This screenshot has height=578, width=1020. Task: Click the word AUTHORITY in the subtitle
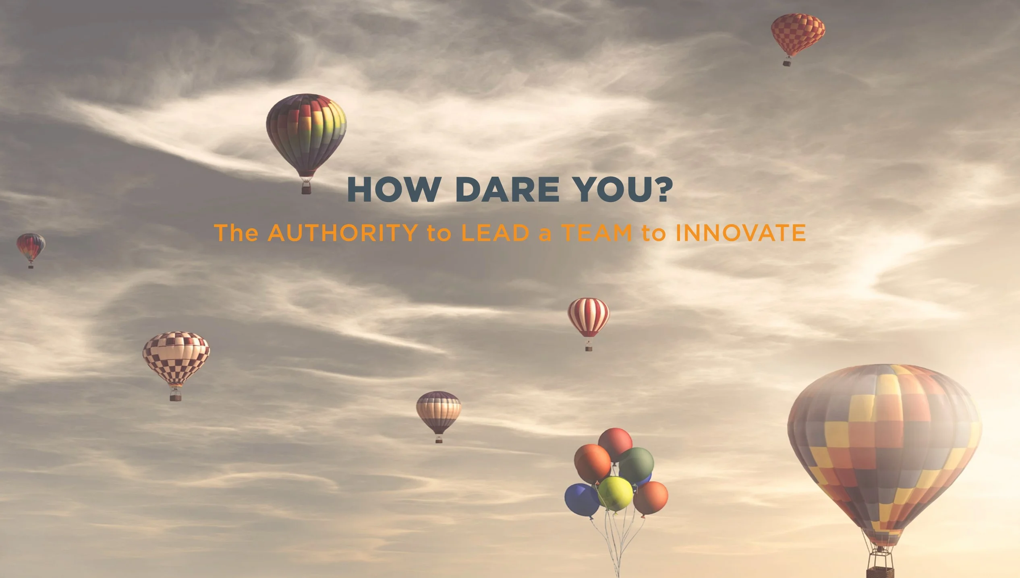[343, 233]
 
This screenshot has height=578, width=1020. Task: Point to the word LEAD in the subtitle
[495, 233]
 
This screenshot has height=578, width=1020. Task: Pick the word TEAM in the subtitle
[597, 233]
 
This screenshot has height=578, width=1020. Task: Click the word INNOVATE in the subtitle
[741, 233]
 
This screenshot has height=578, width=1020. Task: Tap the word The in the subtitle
[236, 233]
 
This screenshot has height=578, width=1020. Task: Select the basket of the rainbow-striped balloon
[307, 188]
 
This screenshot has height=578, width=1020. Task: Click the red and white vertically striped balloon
[589, 318]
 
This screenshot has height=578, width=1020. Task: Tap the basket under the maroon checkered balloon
[175, 396]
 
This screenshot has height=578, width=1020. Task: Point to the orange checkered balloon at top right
[798, 35]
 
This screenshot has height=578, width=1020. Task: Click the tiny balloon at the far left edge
[31, 248]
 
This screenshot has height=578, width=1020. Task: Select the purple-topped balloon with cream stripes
[439, 412]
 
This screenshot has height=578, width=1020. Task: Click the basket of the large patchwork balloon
[880, 572]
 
